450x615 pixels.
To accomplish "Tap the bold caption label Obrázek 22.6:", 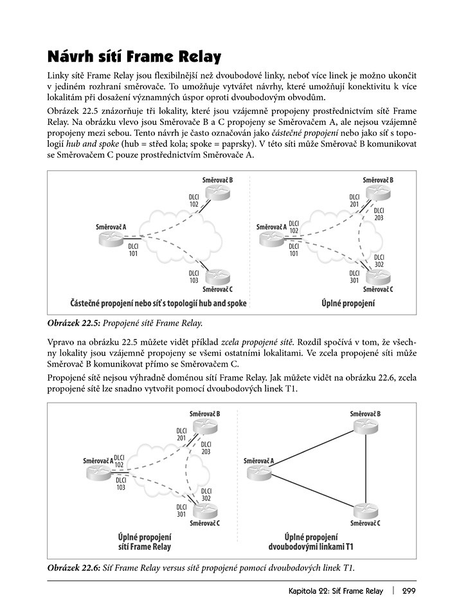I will point(73,567).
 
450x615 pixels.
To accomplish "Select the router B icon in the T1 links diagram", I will point(365,428).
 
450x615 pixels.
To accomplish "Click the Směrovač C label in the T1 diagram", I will point(364,523).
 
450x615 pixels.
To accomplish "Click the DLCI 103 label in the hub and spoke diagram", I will point(194,277).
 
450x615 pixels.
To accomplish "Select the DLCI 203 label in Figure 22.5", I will point(378,214).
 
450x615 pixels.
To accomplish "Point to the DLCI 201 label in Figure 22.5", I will point(354,201).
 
